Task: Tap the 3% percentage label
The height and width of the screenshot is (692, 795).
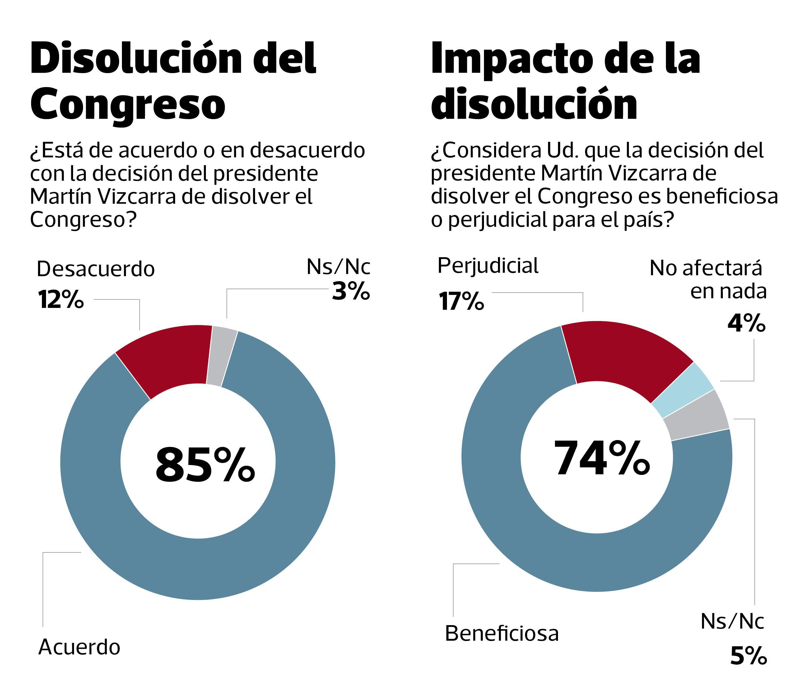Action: (x=351, y=291)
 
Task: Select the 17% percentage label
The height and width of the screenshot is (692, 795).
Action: (x=461, y=302)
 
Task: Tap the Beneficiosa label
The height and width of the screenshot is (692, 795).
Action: (x=502, y=633)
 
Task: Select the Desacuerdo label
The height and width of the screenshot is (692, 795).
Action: (x=95, y=269)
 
